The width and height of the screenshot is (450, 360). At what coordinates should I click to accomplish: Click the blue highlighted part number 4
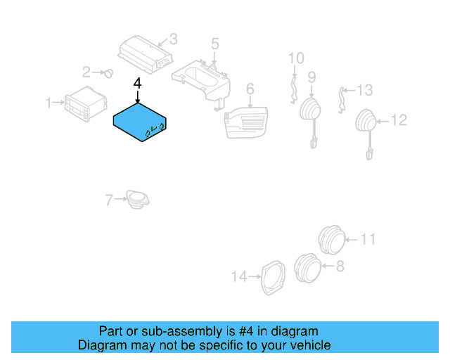139,121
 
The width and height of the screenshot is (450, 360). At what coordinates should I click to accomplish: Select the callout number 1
49,104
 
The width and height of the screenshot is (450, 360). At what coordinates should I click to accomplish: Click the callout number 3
173,39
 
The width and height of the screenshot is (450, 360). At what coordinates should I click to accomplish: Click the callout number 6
249,89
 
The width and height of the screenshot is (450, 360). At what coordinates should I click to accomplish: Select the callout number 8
340,266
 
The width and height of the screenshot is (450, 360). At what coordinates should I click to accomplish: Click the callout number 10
296,57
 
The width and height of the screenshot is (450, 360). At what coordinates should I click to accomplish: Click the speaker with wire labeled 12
366,124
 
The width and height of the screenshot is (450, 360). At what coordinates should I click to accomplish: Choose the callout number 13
364,90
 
